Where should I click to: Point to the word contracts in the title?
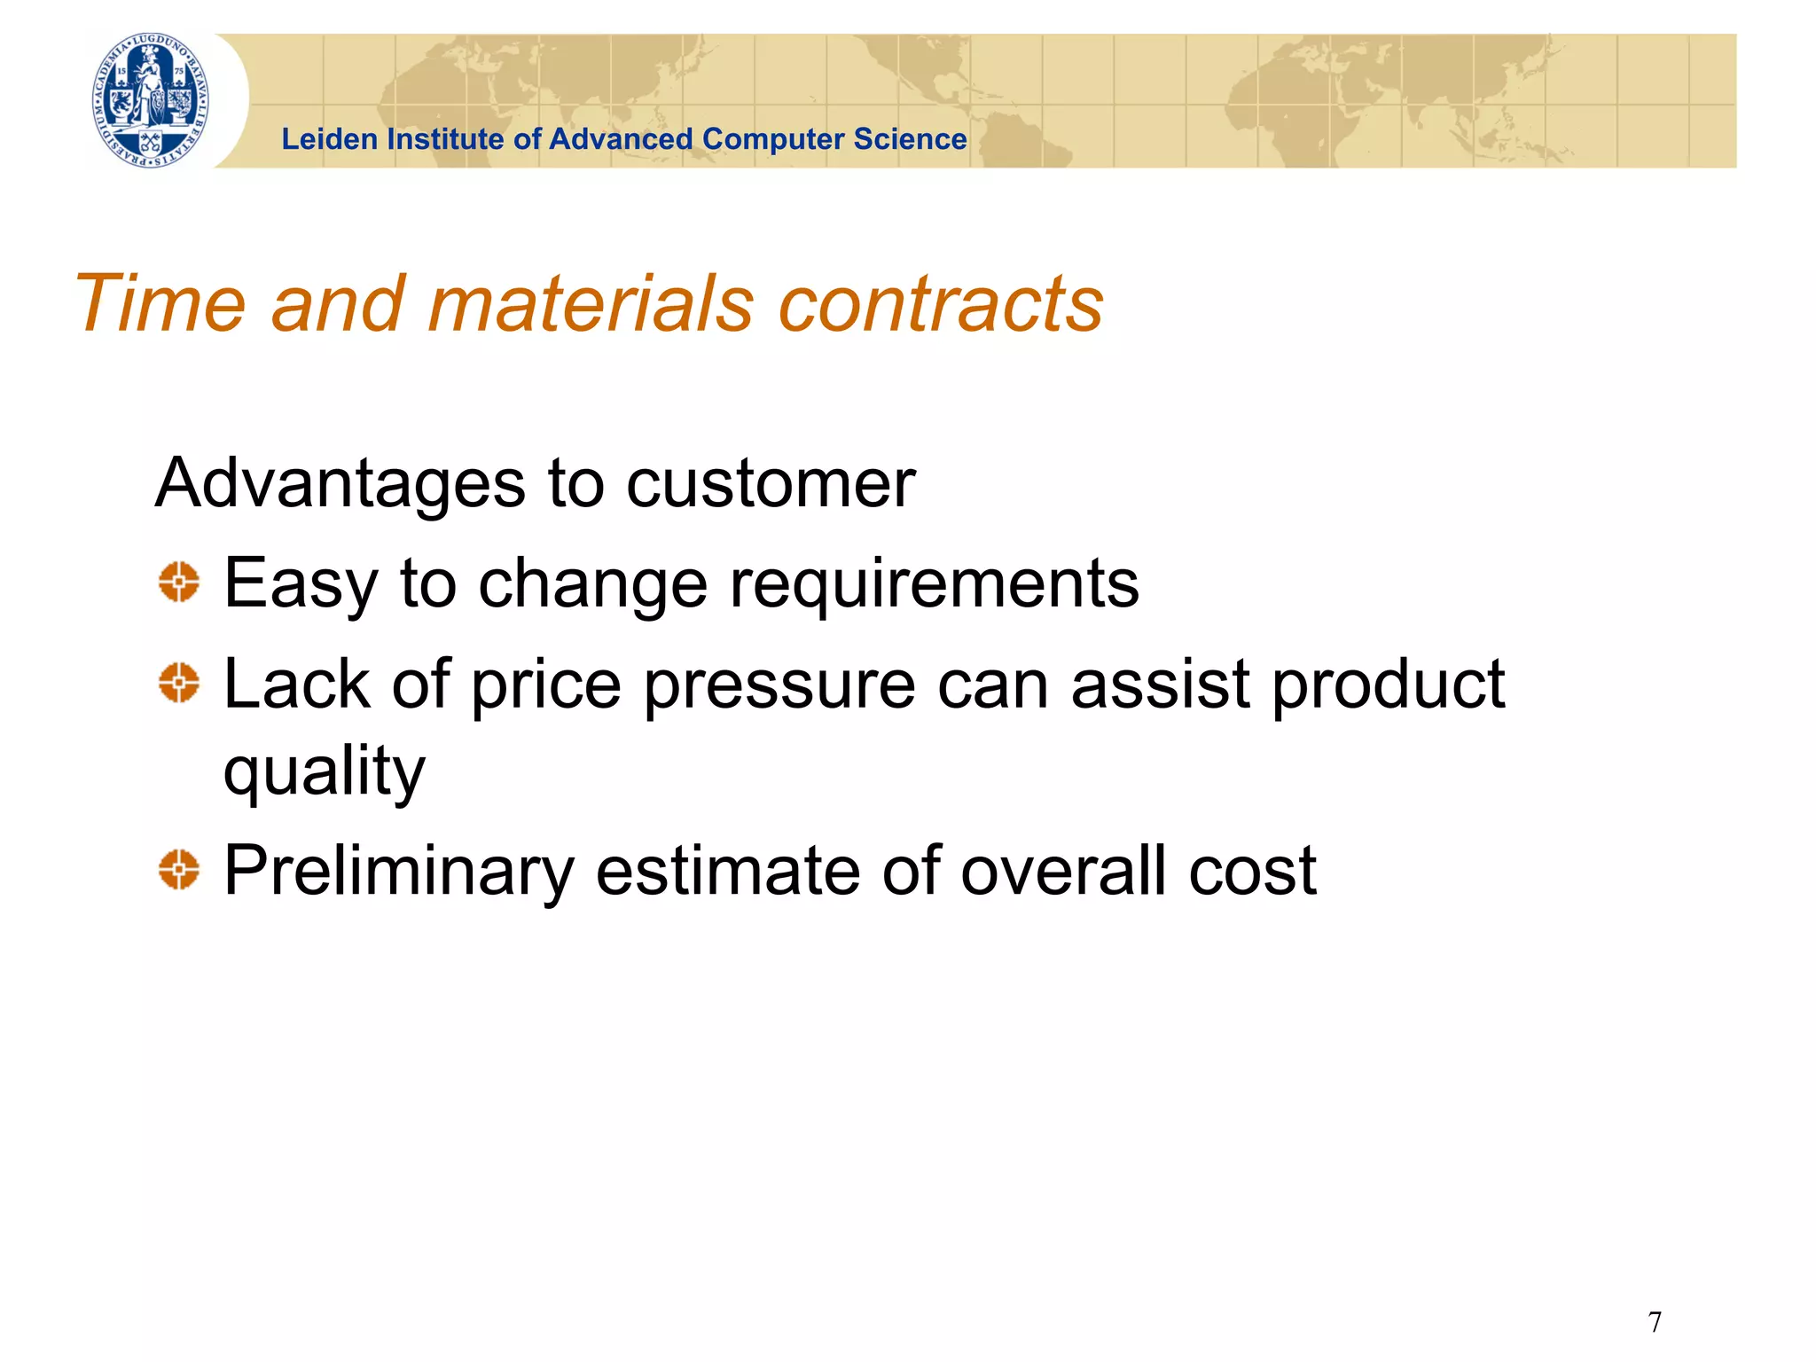pyautogui.click(x=940, y=304)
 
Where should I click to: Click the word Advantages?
pyautogui.click(x=340, y=484)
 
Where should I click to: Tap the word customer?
pyautogui.click(x=771, y=484)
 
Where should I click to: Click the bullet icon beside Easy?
pyautogui.click(x=179, y=583)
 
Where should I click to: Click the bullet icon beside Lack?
pyautogui.click(x=179, y=684)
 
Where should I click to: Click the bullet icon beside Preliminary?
pyautogui.click(x=179, y=869)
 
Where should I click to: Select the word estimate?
pyautogui.click(x=727, y=871)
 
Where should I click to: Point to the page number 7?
pyautogui.click(x=1655, y=1322)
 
